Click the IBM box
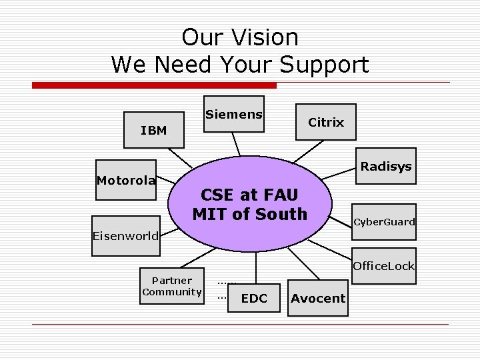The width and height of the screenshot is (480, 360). tap(155, 129)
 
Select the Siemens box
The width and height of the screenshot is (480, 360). tap(233, 115)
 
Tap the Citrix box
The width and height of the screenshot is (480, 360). tap(326, 122)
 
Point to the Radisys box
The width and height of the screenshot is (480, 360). tap(385, 166)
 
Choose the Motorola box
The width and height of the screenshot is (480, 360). tap(126, 180)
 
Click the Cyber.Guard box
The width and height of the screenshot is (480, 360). tap(383, 221)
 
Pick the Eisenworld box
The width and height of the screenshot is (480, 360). tap(126, 235)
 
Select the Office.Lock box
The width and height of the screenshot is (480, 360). tap(383, 266)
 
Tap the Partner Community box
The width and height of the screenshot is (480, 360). tap(172, 286)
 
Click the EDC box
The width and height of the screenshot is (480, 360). tap(253, 298)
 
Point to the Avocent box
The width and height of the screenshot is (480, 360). tap(318, 298)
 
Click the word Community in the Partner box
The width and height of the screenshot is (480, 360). tap(172, 291)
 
